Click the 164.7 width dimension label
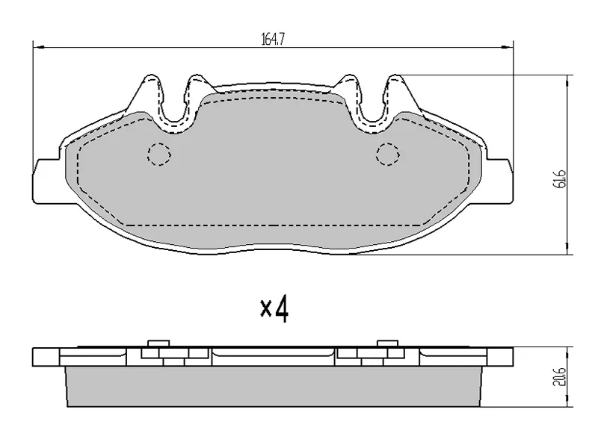click(273, 39)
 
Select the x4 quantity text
click(274, 309)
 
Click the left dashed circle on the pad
click(159, 155)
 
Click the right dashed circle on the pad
click(388, 155)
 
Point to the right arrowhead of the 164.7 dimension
click(508, 47)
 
